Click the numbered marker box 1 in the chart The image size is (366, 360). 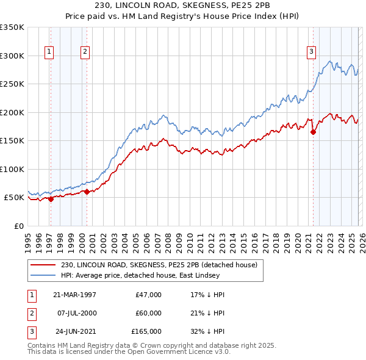click(49, 52)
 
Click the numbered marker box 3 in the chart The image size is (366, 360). click(311, 52)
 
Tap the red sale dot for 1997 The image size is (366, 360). click(51, 199)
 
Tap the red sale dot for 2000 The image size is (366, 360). click(87, 192)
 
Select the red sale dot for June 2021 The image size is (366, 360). click(313, 132)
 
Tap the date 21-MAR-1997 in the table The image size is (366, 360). click(74, 295)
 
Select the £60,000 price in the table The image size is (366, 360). click(148, 313)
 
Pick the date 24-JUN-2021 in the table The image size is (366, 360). click(74, 331)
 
